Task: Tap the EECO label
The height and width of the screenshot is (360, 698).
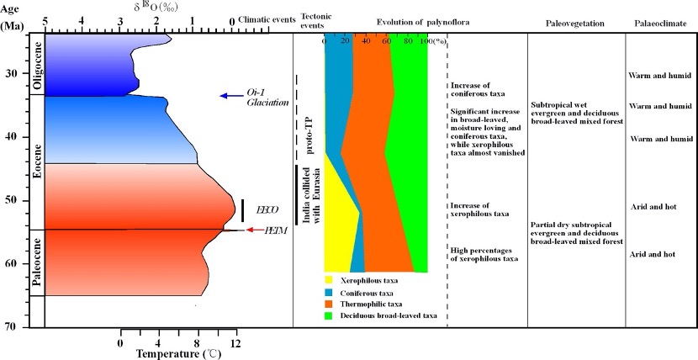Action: coord(267,209)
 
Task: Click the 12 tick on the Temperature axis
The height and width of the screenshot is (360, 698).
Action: coord(236,343)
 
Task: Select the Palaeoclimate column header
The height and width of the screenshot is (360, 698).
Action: coord(659,24)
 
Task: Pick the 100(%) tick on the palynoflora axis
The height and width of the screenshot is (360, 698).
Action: coord(431,40)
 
